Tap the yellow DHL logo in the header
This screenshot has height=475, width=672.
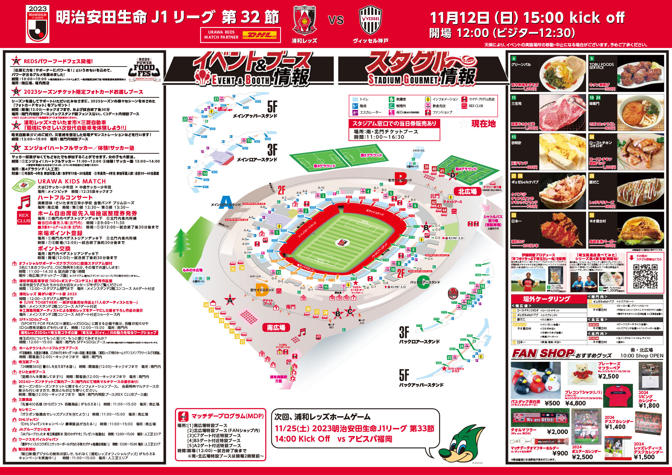[x=259, y=35]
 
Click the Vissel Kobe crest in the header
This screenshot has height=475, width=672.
[x=371, y=20]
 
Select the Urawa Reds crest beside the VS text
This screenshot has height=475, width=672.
[x=304, y=20]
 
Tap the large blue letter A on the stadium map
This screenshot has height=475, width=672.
[x=226, y=202]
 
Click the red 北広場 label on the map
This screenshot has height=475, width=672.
[x=467, y=191]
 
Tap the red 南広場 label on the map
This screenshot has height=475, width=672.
[x=276, y=328]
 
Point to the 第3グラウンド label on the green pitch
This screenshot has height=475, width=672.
[x=324, y=166]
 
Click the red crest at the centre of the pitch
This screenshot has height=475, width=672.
[x=342, y=242]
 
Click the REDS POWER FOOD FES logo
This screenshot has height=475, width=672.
[x=144, y=69]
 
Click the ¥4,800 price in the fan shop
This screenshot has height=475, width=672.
[x=575, y=403]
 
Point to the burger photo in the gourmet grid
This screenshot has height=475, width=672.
[x=640, y=230]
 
